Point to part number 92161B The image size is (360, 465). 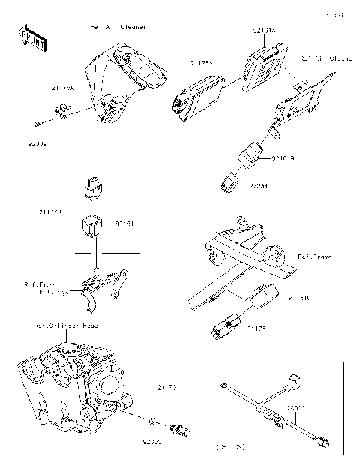pyautogui.click(x=283, y=159)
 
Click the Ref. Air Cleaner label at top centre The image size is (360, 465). pyautogui.click(x=118, y=27)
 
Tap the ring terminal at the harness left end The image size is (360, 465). pyautogui.click(x=224, y=385)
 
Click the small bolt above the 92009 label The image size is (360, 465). pyautogui.click(x=37, y=123)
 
